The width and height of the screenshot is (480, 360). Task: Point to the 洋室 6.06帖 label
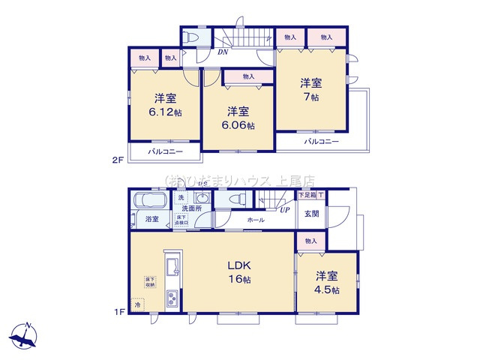point(238,118)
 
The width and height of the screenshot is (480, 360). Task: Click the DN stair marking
point(223,52)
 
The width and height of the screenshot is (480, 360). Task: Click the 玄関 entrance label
point(311,214)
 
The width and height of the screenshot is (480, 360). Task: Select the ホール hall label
point(256,220)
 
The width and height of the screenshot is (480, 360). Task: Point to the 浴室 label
point(151,219)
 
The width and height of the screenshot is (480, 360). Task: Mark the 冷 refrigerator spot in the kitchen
point(137,305)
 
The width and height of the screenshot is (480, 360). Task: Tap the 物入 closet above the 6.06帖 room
point(248,76)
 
